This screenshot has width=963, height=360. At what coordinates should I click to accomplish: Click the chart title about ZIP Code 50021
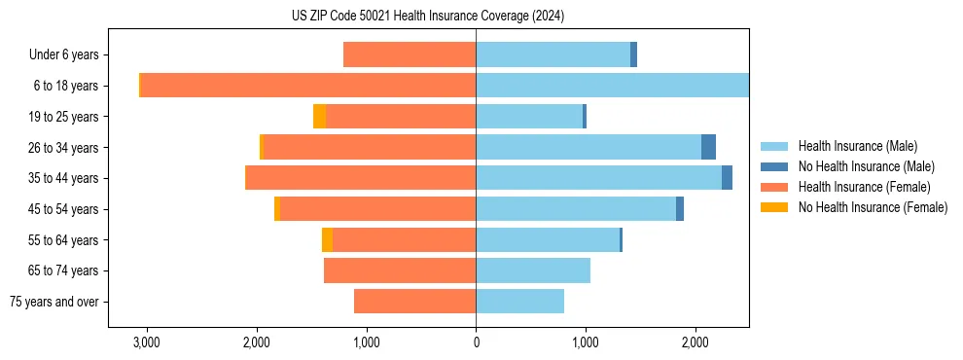[x=427, y=16]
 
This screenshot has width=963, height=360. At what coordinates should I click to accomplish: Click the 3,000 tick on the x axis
[x=146, y=342]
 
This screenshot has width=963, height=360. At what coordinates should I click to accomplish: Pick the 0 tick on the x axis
[x=476, y=342]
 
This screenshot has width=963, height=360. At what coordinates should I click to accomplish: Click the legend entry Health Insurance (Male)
[x=857, y=146]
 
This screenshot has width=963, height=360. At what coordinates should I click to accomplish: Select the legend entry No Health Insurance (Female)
[x=873, y=206]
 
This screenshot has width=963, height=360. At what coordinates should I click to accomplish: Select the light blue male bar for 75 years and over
[x=519, y=302]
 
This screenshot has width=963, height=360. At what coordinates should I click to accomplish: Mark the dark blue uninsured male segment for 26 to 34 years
[x=708, y=147]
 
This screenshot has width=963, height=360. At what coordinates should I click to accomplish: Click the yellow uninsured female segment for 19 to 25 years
[x=319, y=116]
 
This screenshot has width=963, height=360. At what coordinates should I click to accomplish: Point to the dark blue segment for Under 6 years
[x=633, y=54]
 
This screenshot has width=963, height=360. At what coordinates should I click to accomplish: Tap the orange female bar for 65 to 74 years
[x=400, y=270]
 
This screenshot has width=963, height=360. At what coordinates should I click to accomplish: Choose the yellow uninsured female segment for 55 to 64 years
[x=327, y=239]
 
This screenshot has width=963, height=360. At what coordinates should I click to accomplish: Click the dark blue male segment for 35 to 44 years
[x=727, y=178]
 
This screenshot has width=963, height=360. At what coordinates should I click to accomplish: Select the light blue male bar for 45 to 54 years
[x=576, y=208]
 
